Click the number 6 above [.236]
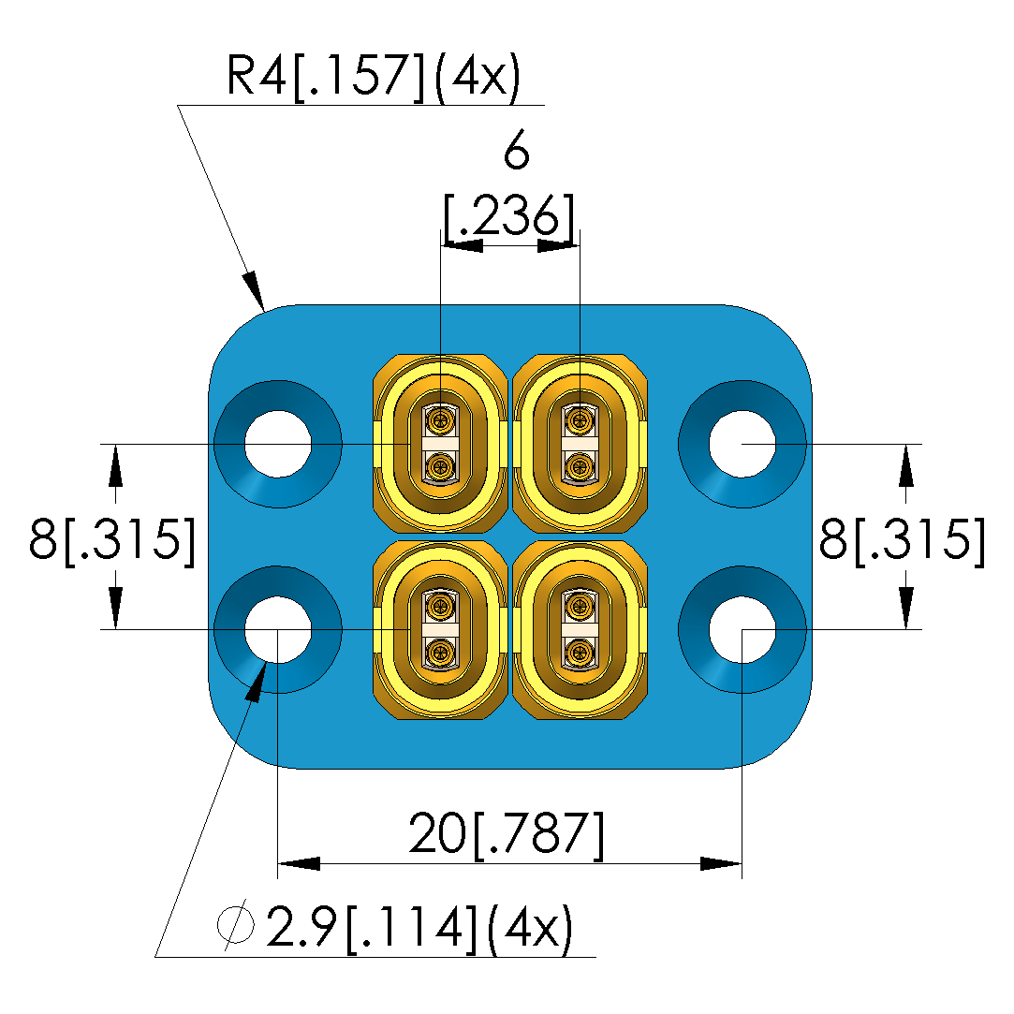(516, 152)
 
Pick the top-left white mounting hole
(278, 444)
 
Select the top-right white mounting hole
(742, 444)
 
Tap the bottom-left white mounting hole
(278, 629)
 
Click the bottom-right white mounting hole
(742, 629)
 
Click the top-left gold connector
(439, 444)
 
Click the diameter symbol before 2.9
(236, 927)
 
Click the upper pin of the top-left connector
(439, 419)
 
